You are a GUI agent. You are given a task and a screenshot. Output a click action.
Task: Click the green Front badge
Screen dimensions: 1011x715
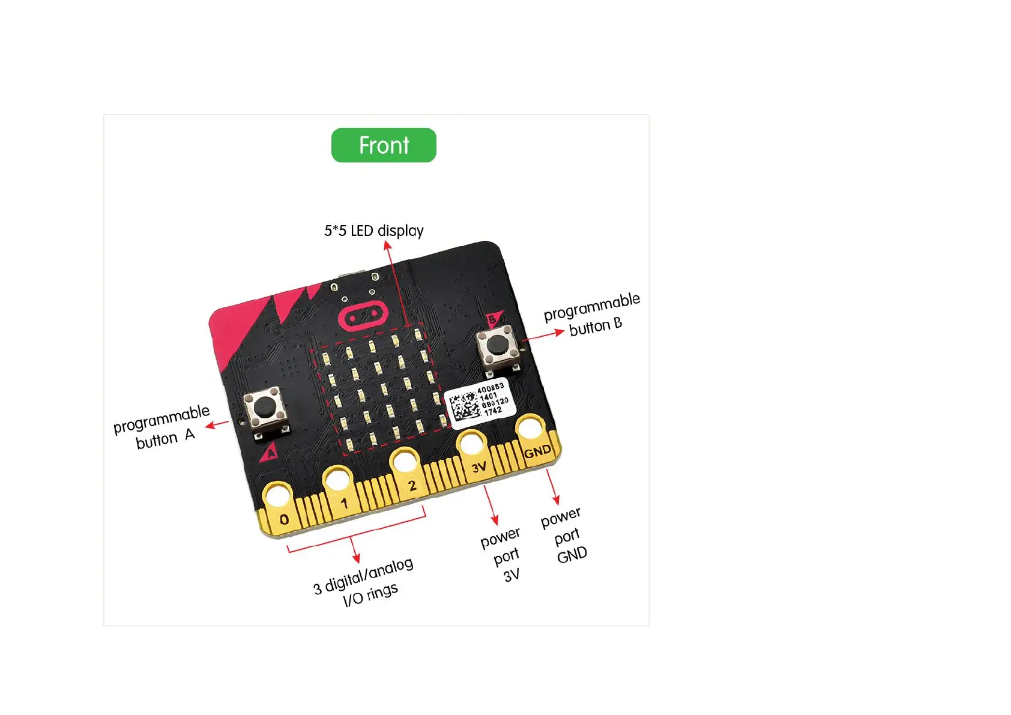point(384,145)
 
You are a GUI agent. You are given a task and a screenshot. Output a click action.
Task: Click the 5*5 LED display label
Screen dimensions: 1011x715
point(373,231)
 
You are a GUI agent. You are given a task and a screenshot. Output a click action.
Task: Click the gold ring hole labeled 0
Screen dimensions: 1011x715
point(278,497)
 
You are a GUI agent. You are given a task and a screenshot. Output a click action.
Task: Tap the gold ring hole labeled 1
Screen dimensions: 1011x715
point(337,480)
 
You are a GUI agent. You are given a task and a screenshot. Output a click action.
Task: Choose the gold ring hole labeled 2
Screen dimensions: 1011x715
point(404,462)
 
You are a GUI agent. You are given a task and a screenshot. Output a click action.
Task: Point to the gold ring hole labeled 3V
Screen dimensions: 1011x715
point(471,444)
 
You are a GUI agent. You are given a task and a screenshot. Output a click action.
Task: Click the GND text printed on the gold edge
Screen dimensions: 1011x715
point(537,451)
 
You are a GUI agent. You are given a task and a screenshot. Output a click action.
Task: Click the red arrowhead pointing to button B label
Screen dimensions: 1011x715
point(560,331)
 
